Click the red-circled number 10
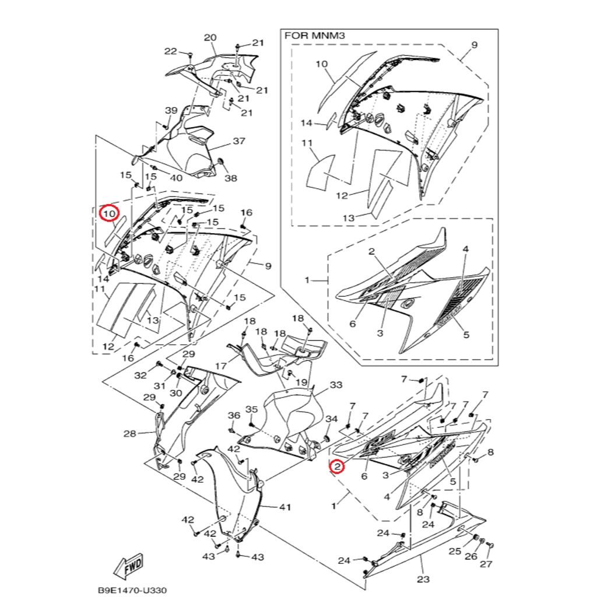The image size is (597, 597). tap(110, 214)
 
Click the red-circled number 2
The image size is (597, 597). tap(336, 466)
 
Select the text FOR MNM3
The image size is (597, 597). tap(315, 36)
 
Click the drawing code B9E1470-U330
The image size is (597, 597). tap(131, 589)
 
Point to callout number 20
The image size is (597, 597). tap(210, 38)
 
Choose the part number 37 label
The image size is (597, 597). tap(239, 141)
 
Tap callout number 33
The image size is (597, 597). tap(336, 385)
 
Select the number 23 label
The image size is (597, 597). tap(423, 579)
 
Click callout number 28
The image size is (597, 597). tap(129, 434)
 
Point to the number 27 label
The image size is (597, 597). tap(486, 564)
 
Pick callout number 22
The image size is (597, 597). tap(170, 51)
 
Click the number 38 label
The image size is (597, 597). tap(231, 178)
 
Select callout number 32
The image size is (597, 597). tap(141, 375)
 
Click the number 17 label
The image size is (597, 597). tap(220, 366)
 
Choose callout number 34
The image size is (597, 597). tap(332, 419)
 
